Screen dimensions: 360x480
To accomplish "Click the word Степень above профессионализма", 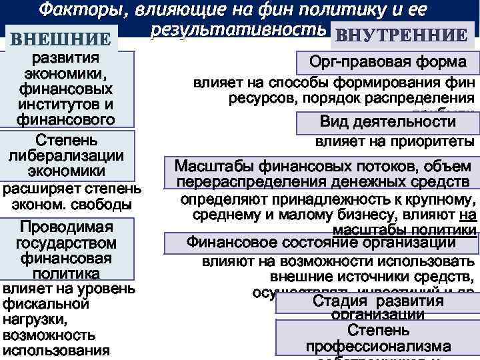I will point(378,331).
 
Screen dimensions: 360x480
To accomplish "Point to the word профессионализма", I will point(378,347).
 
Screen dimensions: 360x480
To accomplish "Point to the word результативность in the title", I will point(239,31).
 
